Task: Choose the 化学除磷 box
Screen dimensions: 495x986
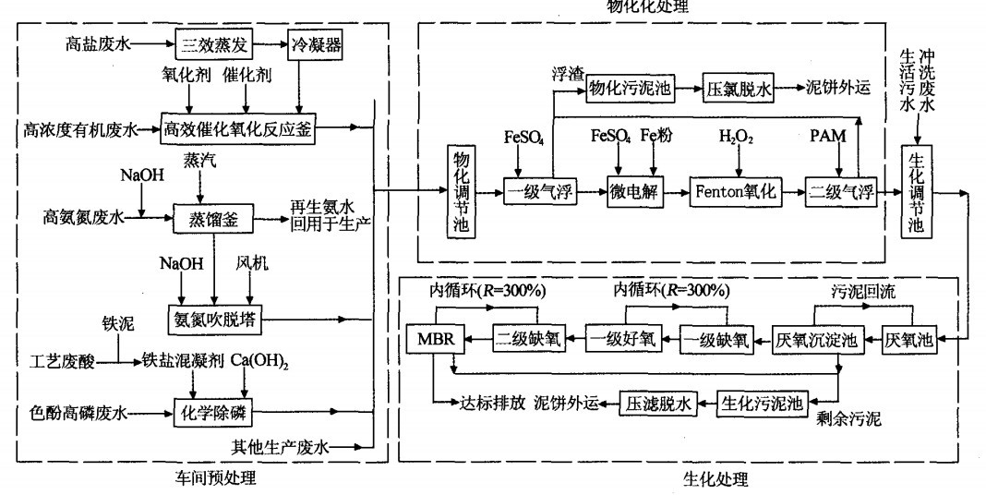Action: (x=212, y=410)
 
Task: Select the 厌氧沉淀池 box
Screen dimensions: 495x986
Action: (x=816, y=339)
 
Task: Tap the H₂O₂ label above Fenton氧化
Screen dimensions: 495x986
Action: (x=737, y=137)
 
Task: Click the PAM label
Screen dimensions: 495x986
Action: (x=828, y=137)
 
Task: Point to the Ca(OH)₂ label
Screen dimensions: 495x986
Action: (x=259, y=359)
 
